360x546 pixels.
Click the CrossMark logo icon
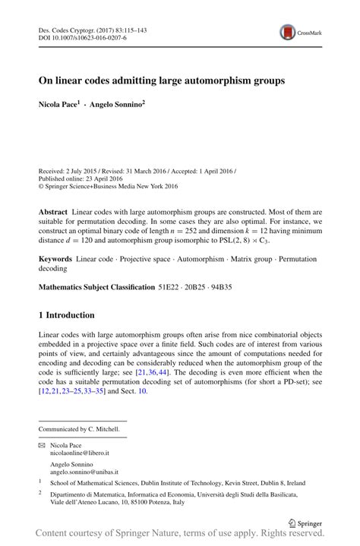tap(289, 32)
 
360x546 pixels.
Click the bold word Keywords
tap(55, 259)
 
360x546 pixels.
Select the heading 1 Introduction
tap(67, 315)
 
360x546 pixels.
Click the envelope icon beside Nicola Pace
tap(42, 445)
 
